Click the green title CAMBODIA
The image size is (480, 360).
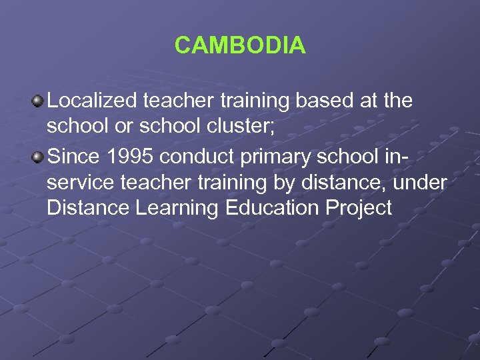[x=240, y=45]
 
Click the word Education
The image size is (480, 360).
[x=273, y=208]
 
